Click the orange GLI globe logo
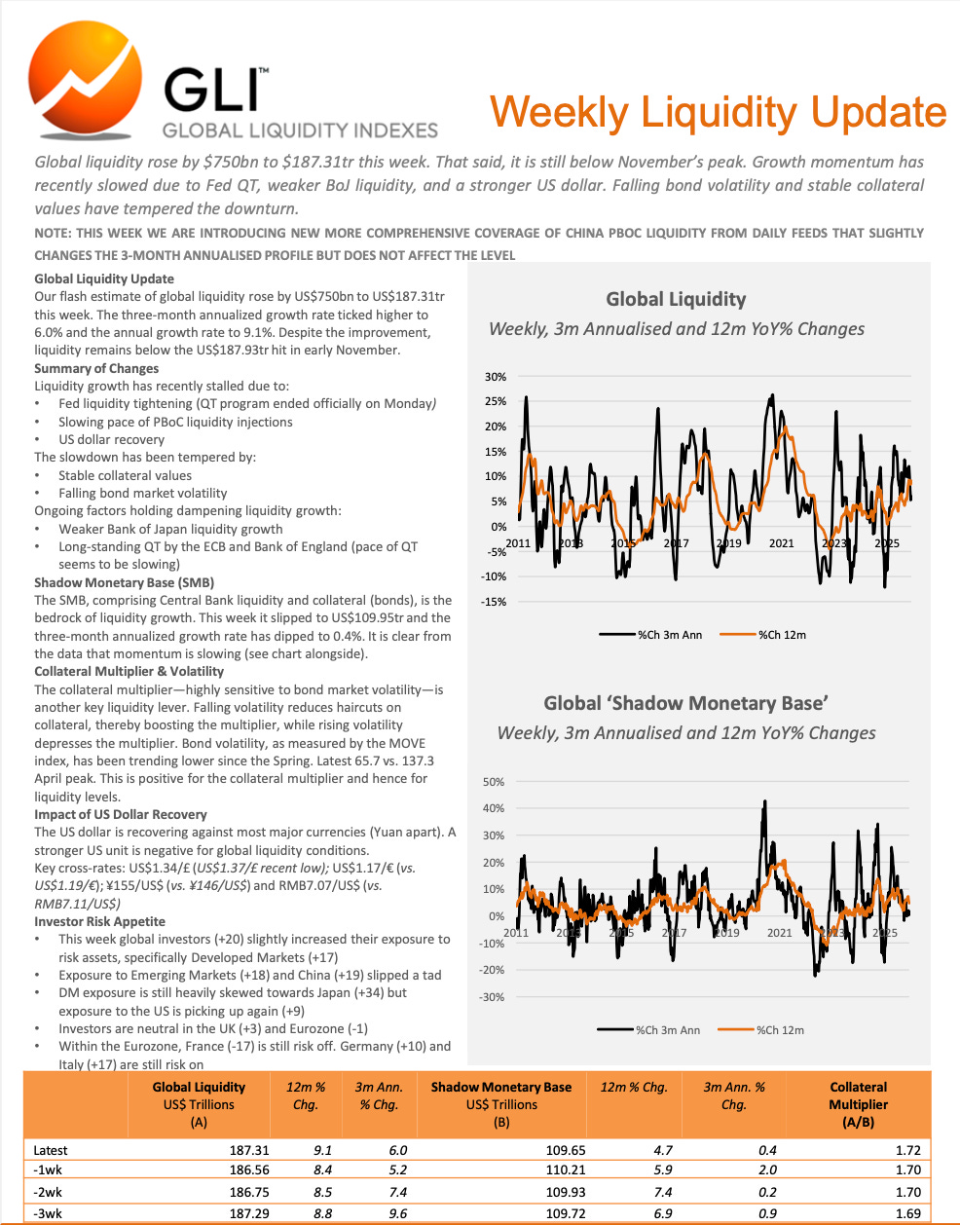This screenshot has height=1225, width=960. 86,82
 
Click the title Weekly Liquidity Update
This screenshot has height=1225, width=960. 718,112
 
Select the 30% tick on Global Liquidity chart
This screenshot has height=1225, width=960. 495,377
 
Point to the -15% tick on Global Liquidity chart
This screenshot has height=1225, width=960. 495,602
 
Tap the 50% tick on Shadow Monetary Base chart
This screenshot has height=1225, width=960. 494,782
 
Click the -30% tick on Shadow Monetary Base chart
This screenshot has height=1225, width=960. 493,997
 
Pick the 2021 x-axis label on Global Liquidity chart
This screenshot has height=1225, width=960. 782,543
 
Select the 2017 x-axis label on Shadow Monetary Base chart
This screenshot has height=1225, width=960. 674,933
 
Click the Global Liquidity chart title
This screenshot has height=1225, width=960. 676,300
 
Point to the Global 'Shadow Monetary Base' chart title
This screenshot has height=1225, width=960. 685,703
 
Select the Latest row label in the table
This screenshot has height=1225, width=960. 51,1150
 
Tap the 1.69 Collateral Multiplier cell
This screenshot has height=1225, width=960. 907,1213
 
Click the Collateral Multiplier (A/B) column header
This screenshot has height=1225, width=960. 858,1104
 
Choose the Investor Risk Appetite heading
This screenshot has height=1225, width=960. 99,921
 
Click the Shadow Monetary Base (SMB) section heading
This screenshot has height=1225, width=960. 124,582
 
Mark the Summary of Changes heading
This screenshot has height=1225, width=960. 96,368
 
